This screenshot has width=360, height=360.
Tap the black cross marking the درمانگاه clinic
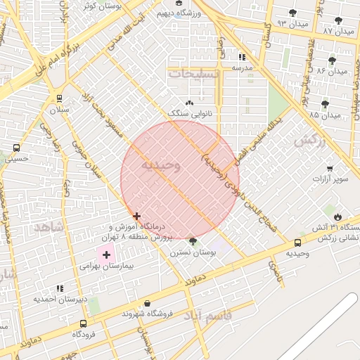coord(136,216)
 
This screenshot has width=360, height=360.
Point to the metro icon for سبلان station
coord(59,98)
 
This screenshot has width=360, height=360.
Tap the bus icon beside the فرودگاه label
coord(84,324)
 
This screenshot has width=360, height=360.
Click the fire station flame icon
coord(339,217)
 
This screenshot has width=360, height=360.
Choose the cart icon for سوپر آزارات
coord(330,169)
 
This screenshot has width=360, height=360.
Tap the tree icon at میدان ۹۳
coord(292,13)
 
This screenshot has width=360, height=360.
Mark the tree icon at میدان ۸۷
coord(338,21)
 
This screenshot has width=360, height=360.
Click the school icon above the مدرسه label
coord(243,57)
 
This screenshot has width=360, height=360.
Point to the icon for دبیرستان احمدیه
coord(60,288)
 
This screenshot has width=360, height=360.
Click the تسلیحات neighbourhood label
coord(193,73)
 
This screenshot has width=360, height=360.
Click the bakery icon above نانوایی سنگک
coord(188,103)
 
